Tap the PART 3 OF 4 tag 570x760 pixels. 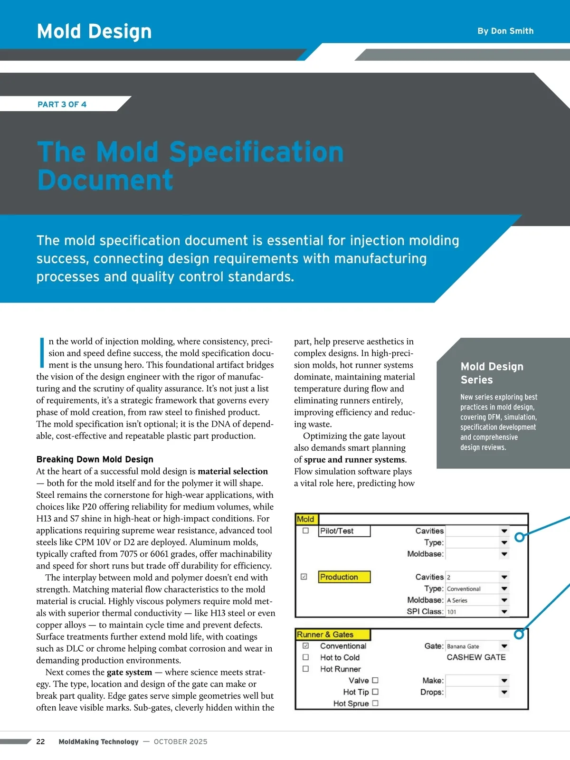(x=62, y=104)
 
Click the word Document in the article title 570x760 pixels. (x=105, y=180)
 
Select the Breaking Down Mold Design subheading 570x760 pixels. (x=95, y=459)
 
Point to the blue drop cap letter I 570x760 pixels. (x=42, y=353)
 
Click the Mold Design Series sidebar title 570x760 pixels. (x=492, y=373)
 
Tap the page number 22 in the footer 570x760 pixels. (x=40, y=741)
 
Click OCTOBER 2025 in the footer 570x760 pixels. (x=180, y=741)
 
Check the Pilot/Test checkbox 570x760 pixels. (x=305, y=531)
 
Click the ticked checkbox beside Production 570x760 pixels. (x=304, y=577)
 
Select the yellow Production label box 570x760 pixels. (x=344, y=577)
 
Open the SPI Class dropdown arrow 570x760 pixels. (x=504, y=612)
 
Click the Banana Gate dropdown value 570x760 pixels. (x=463, y=646)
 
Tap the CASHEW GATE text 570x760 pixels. (x=476, y=657)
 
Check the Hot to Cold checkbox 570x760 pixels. (x=305, y=657)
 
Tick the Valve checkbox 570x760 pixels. (x=375, y=680)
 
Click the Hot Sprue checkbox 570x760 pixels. (x=375, y=703)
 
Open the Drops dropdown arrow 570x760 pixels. (x=504, y=692)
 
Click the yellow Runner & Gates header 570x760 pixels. (x=332, y=635)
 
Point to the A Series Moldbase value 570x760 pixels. (x=457, y=600)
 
